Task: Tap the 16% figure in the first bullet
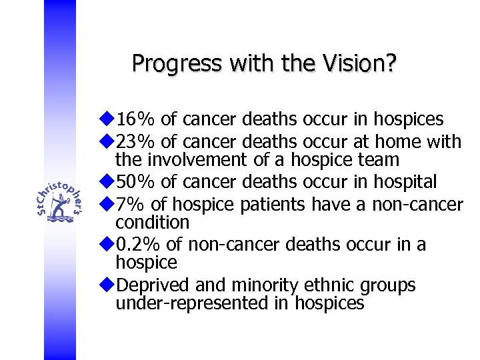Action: [x=136, y=119]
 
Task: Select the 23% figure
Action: [x=136, y=141]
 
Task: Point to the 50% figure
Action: [x=136, y=182]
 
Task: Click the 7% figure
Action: [x=131, y=204]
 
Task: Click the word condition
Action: [x=153, y=222]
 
